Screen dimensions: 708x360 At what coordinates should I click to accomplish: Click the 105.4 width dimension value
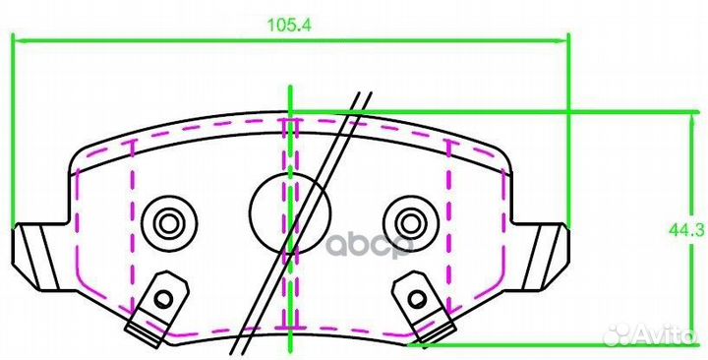pos(289,25)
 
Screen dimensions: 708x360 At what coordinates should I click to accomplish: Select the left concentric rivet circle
pos(169,222)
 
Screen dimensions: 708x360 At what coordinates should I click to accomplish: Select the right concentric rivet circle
pos(410,222)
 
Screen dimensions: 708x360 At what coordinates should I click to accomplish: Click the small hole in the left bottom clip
pos(162,298)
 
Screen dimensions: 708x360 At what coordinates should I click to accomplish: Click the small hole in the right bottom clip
pos(417,298)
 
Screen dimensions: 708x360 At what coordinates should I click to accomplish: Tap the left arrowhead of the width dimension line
pos(19,40)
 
